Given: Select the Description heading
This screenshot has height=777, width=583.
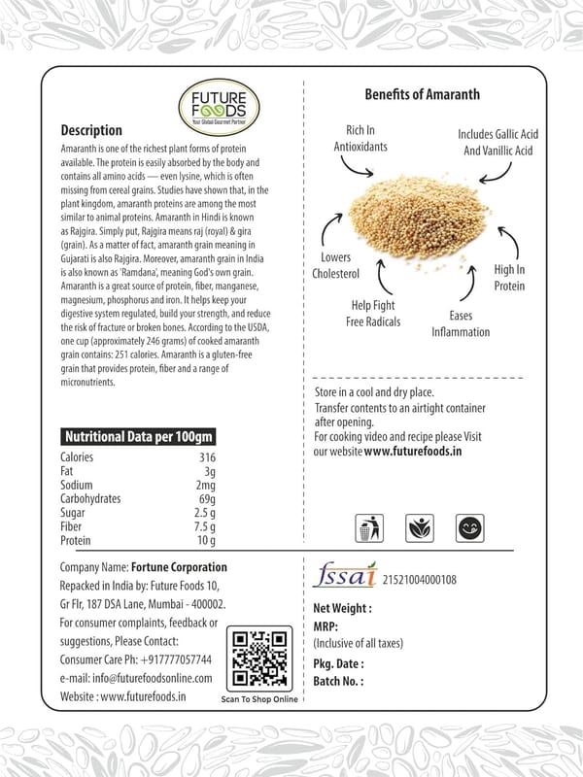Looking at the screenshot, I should (91, 130).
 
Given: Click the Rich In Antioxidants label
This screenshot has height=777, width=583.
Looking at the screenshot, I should (360, 138).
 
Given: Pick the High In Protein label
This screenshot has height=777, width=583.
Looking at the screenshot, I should (509, 277).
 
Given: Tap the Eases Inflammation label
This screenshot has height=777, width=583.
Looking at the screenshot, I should (461, 323).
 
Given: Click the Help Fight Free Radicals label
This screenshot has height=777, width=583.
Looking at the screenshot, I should (372, 313).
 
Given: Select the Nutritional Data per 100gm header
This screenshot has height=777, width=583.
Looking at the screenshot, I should (138, 437).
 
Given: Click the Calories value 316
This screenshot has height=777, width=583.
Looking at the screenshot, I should (207, 457).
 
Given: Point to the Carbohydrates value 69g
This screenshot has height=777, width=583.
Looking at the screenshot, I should (206, 498).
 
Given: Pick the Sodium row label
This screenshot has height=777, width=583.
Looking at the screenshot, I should (77, 485).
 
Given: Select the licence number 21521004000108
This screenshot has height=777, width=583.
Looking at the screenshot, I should (420, 580).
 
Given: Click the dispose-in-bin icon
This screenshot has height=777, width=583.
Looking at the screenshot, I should (365, 529).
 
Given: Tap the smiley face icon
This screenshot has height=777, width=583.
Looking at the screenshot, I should (470, 529).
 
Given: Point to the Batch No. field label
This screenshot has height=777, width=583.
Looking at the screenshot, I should (338, 682).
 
